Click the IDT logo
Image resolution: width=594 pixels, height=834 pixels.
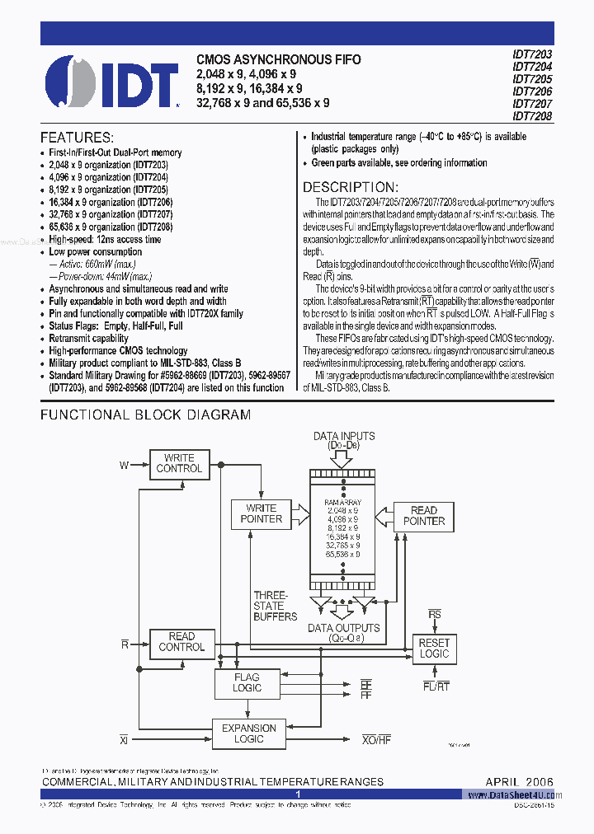coord(111,82)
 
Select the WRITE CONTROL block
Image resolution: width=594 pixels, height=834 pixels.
coord(179,463)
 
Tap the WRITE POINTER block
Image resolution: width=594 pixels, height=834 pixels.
coord(261,513)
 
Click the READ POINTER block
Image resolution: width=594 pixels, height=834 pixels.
coord(423,516)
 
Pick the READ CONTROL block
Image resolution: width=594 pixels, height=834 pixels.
coord(181,642)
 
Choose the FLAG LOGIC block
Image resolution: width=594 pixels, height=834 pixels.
coord(247,682)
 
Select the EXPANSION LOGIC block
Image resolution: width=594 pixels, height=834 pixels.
coord(248,733)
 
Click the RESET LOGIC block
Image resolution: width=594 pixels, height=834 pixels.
coord(434,649)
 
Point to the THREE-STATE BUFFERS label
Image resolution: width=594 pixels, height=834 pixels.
coord(275,605)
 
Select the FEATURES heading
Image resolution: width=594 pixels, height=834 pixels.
coord(77,138)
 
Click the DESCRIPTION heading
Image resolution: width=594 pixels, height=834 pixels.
coord(355,187)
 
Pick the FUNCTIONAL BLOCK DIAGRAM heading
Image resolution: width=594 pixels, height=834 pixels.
coord(145,415)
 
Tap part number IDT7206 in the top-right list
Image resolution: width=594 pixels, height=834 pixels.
coord(532,91)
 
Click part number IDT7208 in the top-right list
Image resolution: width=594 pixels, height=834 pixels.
coord(532,116)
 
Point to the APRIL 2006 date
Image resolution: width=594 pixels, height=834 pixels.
coord(519,781)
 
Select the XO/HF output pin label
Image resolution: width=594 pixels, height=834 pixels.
coord(376,740)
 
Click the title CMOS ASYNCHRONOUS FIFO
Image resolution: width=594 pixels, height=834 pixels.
coord(278,60)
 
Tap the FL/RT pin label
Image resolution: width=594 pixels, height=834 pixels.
coord(435,686)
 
